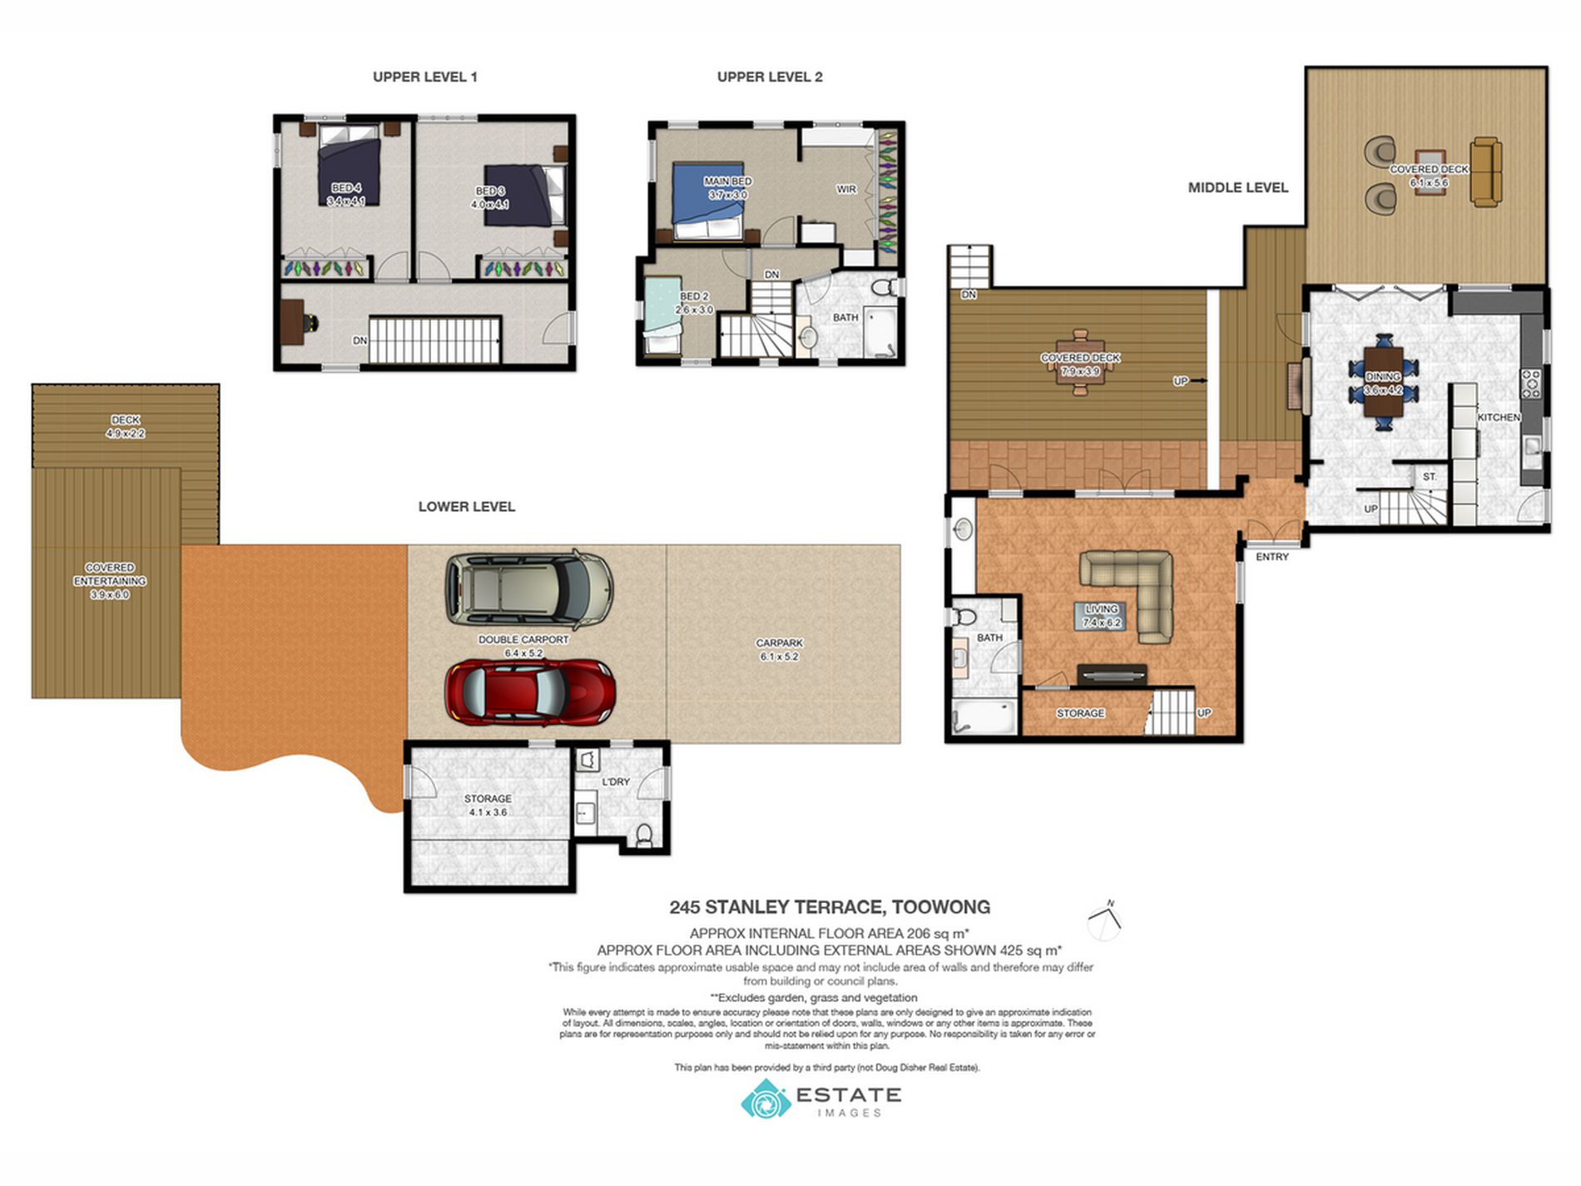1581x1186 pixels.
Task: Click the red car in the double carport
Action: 530,692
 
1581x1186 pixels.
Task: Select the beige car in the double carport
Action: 529,589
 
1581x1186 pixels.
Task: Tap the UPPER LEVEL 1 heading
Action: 425,77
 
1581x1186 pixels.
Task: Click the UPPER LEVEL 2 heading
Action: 770,77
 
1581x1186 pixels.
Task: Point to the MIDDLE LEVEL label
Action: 1238,188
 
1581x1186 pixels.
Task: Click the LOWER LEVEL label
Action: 467,506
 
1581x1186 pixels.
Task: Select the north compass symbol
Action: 1104,921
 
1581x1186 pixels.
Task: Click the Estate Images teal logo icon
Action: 766,1100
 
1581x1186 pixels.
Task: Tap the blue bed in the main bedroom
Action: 706,201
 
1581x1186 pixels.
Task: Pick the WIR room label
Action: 846,189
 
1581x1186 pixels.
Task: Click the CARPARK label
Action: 780,643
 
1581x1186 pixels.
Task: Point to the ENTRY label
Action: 1272,557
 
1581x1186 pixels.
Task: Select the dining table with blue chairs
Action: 1384,382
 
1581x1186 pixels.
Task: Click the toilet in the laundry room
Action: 644,834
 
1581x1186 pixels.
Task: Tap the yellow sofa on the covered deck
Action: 1486,171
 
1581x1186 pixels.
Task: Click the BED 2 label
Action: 694,296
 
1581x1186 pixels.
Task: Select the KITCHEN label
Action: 1499,417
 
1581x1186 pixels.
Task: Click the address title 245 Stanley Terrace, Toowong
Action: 830,907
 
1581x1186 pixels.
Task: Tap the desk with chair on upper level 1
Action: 296,322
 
